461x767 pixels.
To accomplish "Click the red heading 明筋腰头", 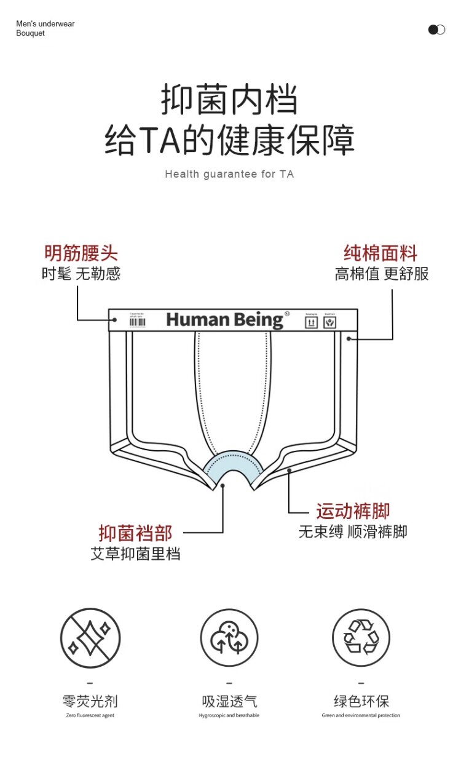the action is click(x=81, y=253).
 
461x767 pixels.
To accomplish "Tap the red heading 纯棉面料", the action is click(x=380, y=253).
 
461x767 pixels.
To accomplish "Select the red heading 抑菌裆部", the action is click(x=135, y=533).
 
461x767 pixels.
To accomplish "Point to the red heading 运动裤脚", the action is click(x=353, y=511).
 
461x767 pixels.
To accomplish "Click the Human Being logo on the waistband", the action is click(x=224, y=320).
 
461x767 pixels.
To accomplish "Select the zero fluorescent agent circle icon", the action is click(x=90, y=638).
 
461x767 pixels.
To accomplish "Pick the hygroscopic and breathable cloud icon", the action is click(x=229, y=638).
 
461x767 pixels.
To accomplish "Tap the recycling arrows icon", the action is click(x=361, y=638).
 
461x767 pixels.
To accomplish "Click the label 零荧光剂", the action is click(x=90, y=701).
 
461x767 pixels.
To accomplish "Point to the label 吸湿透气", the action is click(x=229, y=701).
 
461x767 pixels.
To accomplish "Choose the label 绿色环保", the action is click(x=361, y=701).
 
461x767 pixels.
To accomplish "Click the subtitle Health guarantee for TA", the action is click(x=229, y=174).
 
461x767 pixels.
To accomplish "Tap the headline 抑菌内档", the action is click(x=229, y=100).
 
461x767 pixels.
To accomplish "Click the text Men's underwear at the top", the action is click(x=45, y=24).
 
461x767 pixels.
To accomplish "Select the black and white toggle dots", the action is click(x=436, y=30).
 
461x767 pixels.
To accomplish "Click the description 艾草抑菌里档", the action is click(x=135, y=554).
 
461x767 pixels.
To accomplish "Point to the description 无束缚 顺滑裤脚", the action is click(x=353, y=531).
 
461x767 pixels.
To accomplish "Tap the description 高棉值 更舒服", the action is click(x=382, y=274).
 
